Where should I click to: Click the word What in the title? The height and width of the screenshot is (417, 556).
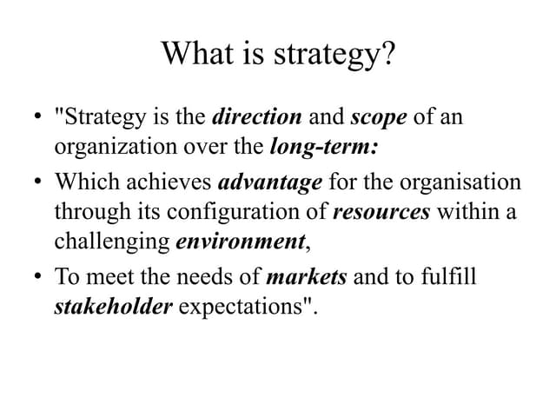pos(198,55)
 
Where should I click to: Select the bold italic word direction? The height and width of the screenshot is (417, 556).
pos(257,116)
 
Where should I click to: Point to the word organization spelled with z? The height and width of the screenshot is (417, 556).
pos(111,146)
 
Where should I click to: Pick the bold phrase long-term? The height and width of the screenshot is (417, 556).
pos(323,145)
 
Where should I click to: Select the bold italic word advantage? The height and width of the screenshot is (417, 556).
pos(269,183)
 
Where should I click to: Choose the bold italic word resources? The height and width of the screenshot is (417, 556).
pos(381,211)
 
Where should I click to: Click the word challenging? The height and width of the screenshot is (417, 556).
pos(112,241)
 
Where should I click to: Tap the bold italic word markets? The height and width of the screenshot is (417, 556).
pos(307,277)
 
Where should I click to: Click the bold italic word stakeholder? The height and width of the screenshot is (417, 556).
pos(114,307)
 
